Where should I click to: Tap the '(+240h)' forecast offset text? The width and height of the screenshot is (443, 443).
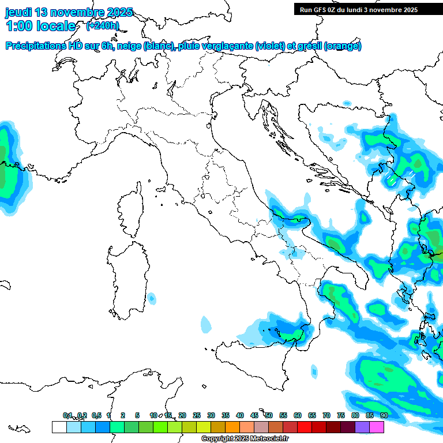tap(102, 25)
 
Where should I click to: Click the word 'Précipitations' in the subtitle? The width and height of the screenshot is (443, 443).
tap(35, 46)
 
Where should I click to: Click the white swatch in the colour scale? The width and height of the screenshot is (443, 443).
tap(59, 427)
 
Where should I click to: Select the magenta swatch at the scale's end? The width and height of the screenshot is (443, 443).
tap(377, 427)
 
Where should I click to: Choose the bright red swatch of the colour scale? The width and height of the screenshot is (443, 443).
tap(305, 427)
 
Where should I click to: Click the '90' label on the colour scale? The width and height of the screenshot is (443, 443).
tap(384, 415)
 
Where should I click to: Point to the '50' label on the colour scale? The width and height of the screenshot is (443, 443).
tap(268, 415)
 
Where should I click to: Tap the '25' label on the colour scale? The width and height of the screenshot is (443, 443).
tap(196, 415)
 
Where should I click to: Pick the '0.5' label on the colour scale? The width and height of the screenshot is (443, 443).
tap(96, 415)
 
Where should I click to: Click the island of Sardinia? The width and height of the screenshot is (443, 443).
tap(128, 277)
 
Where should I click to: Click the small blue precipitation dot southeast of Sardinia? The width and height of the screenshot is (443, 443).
tap(151, 298)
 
